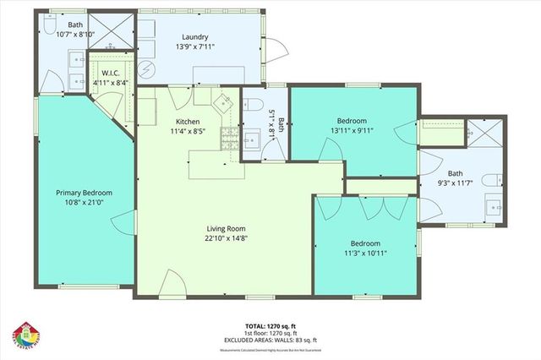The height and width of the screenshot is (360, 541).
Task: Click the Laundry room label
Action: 194,37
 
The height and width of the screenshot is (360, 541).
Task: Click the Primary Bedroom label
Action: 84,193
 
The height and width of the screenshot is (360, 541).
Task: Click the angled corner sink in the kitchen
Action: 224,104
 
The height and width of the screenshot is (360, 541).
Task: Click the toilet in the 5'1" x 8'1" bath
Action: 253,104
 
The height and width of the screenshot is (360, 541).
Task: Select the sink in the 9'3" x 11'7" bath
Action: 494,205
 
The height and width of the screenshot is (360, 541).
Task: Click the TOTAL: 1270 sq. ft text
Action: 270,325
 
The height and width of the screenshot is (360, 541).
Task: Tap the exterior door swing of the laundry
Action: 271,52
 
